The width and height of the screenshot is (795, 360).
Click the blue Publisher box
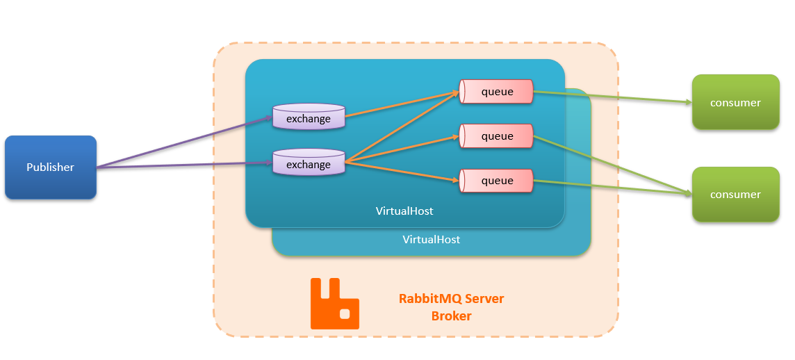50,167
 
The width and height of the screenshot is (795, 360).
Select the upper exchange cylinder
309,117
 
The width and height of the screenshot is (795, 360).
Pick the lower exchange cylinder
309,163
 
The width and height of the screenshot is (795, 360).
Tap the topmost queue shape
496,92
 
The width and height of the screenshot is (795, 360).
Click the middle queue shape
496,136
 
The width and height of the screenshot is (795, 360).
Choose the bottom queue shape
496,181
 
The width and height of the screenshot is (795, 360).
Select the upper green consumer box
735,102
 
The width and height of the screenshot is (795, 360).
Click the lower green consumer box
735,195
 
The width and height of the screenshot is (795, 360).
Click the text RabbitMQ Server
451,299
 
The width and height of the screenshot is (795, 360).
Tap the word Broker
451,316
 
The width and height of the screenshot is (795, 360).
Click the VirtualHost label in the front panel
404,210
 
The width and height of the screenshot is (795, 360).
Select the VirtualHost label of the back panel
431,239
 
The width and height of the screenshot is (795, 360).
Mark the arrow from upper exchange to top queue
402,104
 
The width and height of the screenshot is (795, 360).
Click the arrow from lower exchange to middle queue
402,149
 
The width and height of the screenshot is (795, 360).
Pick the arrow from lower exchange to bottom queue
402,172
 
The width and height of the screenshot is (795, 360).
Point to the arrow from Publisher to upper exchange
183,142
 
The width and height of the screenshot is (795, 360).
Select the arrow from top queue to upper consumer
612,97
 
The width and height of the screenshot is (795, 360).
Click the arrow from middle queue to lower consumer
612,165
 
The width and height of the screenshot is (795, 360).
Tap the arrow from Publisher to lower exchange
183,165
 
